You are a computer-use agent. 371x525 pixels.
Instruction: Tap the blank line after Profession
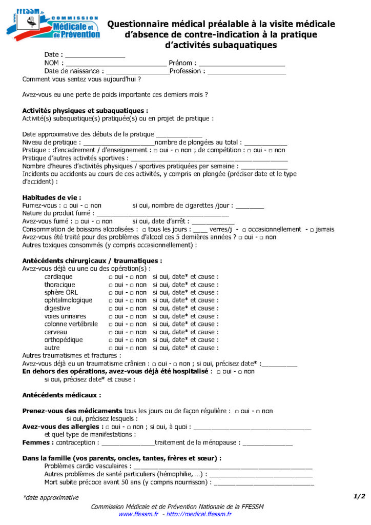(246, 72)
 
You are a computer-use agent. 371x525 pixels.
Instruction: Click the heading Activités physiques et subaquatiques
(86, 110)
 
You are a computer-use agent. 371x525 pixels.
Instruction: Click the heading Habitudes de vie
(52, 197)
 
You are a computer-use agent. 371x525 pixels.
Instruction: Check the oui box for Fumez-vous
(72, 206)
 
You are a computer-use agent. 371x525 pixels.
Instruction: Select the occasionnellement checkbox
(244, 230)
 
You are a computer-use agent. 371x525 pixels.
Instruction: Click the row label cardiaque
(58, 277)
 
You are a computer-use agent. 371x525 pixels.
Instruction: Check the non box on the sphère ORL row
(131, 293)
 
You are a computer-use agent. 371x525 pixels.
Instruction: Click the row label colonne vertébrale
(71, 324)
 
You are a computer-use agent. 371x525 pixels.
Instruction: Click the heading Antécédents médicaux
(61, 395)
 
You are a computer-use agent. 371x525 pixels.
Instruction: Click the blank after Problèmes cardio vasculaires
(222, 467)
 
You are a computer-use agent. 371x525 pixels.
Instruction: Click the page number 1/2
(359, 496)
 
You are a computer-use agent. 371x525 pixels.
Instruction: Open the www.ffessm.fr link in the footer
(138, 514)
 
